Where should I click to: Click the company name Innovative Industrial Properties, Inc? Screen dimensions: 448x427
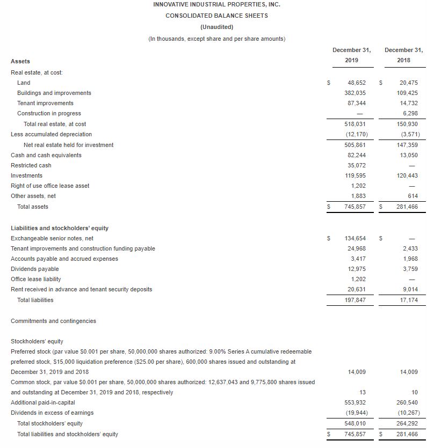tap(216, 4)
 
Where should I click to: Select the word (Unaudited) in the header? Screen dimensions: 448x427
tap(216, 27)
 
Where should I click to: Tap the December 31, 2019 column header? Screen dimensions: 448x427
tap(352, 55)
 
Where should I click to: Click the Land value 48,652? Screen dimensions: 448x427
tap(357, 83)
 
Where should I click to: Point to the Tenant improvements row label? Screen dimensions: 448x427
tap(45, 103)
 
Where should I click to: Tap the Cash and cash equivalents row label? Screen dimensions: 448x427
tap(46, 155)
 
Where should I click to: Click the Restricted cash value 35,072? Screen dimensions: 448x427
tap(357, 165)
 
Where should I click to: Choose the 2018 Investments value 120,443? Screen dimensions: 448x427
tap(409, 175)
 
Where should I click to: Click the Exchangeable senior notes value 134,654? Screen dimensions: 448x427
tap(355, 238)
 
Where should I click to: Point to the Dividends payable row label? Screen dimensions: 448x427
tap(35, 269)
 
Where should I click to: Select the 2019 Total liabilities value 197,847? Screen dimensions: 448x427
tap(355, 300)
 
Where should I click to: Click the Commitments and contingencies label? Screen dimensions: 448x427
tap(53, 321)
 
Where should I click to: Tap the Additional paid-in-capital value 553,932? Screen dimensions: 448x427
tap(355, 402)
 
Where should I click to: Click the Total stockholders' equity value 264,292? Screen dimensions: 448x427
tap(409, 423)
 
